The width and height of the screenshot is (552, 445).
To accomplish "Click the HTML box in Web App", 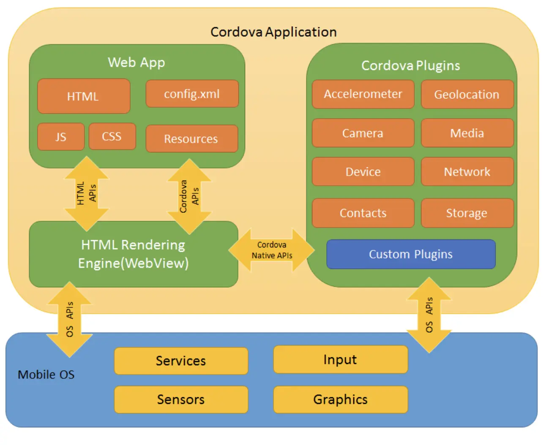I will point(84,96).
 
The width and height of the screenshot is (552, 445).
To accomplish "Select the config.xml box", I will point(192,94).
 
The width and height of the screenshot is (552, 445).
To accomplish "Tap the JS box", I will point(61,137).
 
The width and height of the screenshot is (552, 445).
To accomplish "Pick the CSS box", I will point(112,136).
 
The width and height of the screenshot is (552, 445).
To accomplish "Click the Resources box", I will point(191,138).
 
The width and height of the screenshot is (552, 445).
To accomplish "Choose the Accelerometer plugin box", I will point(363,94).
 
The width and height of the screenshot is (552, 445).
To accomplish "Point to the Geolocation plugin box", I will point(467,95).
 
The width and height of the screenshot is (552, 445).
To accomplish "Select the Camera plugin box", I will point(363,133).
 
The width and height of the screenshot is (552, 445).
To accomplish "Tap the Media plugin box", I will point(467,133).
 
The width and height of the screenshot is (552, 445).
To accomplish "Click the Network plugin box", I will point(467,172).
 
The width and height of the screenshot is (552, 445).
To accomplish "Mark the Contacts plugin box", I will point(363,213).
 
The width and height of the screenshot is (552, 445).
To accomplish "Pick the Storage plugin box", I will point(467,213).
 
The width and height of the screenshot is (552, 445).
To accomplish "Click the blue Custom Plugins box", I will point(411,254).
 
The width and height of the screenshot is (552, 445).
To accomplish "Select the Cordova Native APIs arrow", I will point(272,250).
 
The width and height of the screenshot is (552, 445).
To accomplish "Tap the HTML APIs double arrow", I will point(87,193).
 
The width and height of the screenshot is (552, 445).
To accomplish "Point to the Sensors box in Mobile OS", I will point(181,399).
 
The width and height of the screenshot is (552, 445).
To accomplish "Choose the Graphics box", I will point(340,399).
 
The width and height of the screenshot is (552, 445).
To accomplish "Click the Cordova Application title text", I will point(273,32).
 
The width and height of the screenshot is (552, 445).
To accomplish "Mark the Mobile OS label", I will point(46,374).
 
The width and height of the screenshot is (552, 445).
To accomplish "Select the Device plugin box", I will point(363,172).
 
